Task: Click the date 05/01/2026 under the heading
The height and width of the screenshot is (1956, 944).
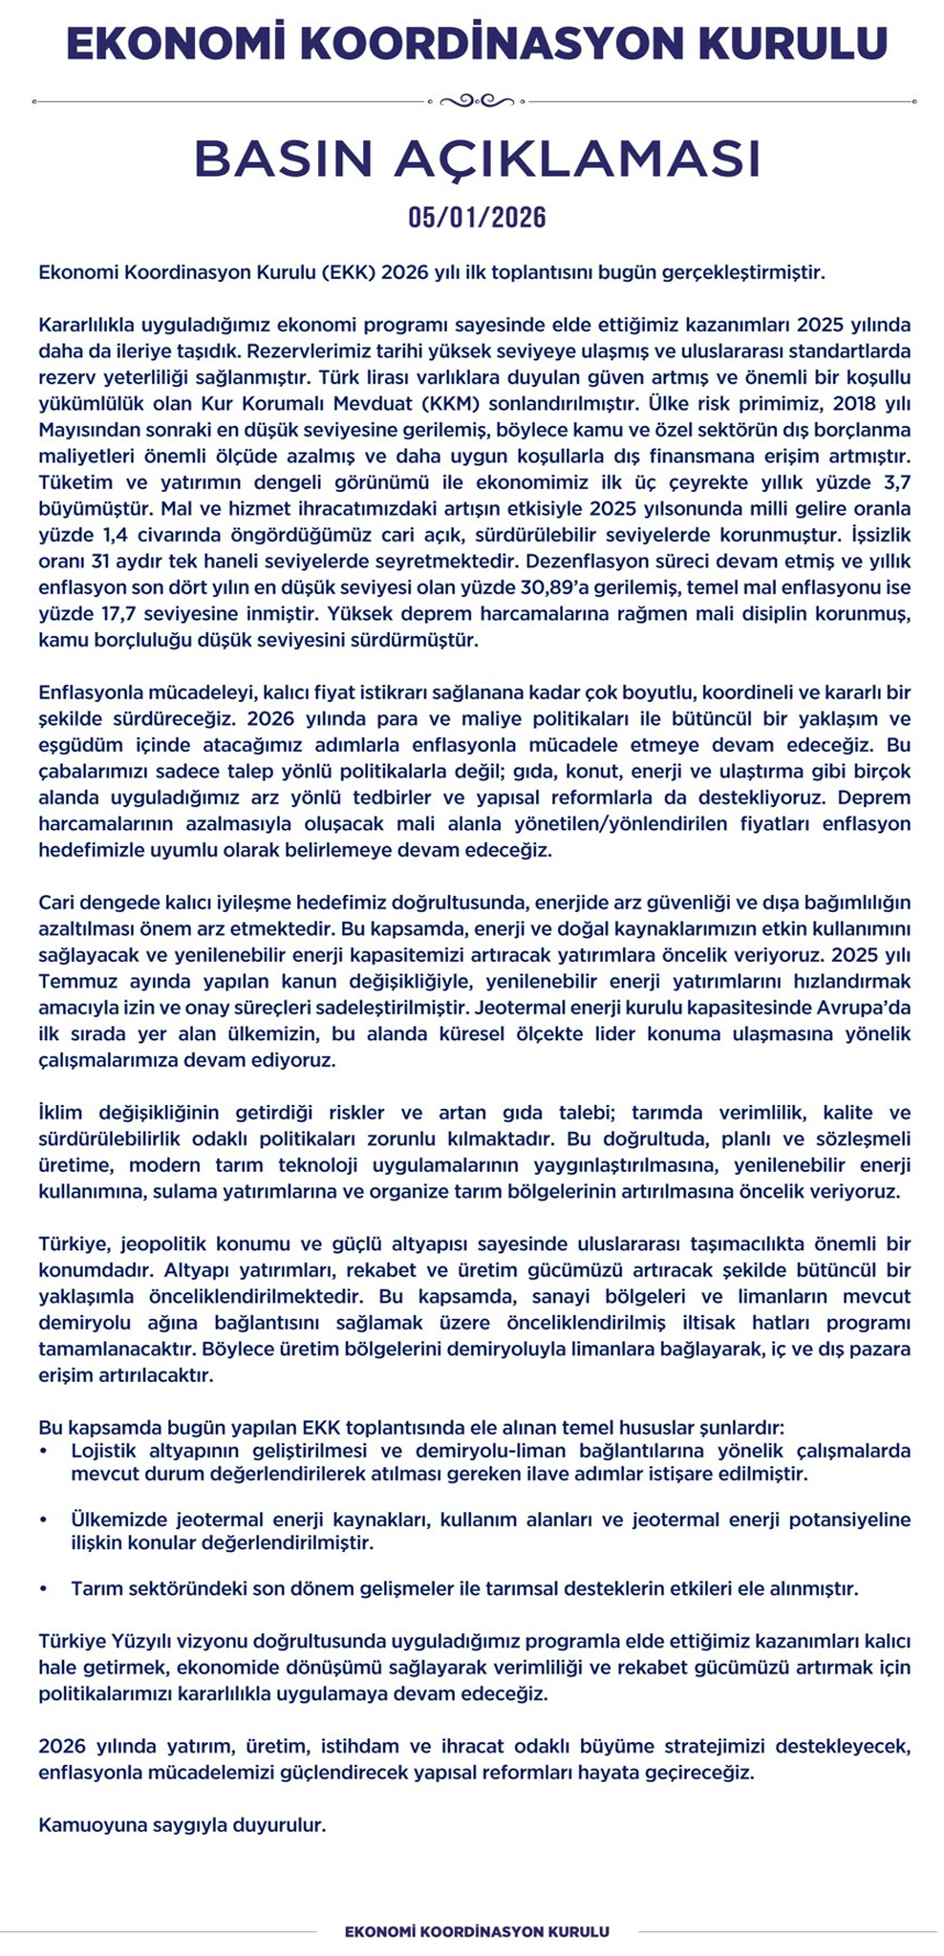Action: [x=477, y=218]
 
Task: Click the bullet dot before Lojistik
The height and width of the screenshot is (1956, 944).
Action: [x=43, y=1451]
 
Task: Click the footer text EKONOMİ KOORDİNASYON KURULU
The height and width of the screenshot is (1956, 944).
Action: [x=477, y=1931]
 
